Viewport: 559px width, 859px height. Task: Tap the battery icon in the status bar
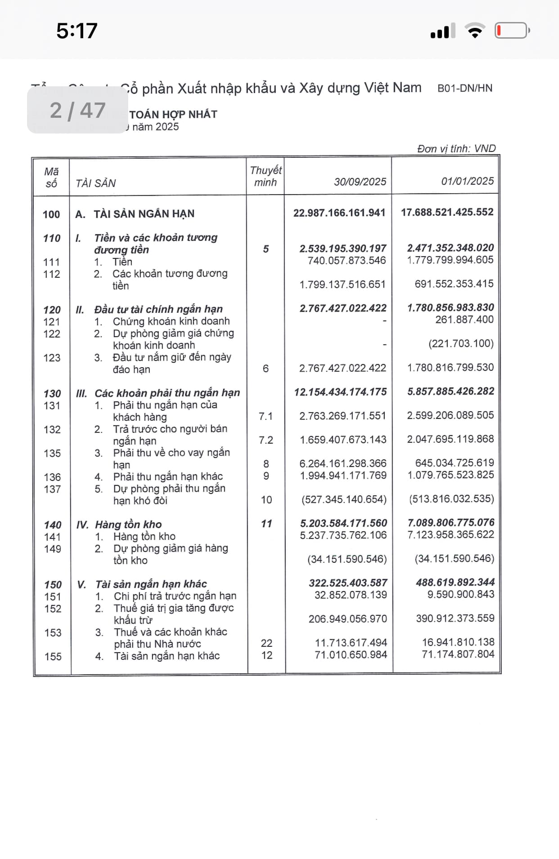512,31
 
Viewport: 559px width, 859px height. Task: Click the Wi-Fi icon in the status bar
475,31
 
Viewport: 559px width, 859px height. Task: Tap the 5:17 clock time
77,31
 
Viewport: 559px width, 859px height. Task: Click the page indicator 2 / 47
77,110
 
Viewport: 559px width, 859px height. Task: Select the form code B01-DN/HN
465,88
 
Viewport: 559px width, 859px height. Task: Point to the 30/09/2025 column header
360,182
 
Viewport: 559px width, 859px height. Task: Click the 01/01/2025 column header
467,181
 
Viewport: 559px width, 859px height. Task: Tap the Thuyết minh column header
266,176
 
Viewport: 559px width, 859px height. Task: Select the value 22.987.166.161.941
339,213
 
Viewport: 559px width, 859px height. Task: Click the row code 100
51,214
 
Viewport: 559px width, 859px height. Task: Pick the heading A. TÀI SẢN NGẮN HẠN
135,214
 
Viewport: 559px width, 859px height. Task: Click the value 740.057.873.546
347,260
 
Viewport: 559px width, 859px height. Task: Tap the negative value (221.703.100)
461,343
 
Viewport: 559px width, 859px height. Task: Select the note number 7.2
266,440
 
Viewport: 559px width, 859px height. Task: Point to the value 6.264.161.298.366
343,463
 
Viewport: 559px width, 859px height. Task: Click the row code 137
52,489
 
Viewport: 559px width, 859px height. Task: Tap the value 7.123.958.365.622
451,534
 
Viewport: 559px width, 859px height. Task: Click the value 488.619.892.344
455,583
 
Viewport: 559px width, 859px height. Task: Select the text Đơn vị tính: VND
456,149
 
